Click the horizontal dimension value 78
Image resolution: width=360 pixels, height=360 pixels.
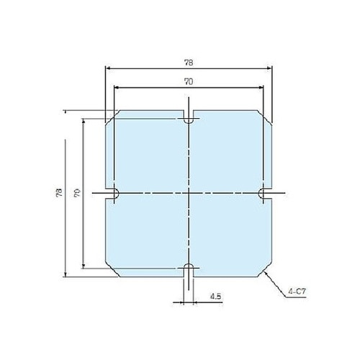pyautogui.click(x=189, y=63)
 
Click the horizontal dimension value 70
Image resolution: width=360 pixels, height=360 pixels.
pyautogui.click(x=189, y=82)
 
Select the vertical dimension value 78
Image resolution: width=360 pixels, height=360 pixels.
pyautogui.click(x=58, y=193)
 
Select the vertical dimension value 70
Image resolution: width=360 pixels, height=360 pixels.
pyautogui.click(x=76, y=193)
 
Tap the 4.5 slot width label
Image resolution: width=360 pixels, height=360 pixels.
pyautogui.click(x=215, y=296)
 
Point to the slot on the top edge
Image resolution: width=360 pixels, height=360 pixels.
pyautogui.click(x=189, y=118)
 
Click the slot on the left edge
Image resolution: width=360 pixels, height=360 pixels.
pyautogui.click(x=112, y=194)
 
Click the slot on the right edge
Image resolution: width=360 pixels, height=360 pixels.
pyautogui.click(x=265, y=194)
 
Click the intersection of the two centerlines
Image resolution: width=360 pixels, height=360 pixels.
pyautogui.click(x=189, y=194)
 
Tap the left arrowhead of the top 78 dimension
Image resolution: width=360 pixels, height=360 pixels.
pyautogui.click(x=109, y=68)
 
